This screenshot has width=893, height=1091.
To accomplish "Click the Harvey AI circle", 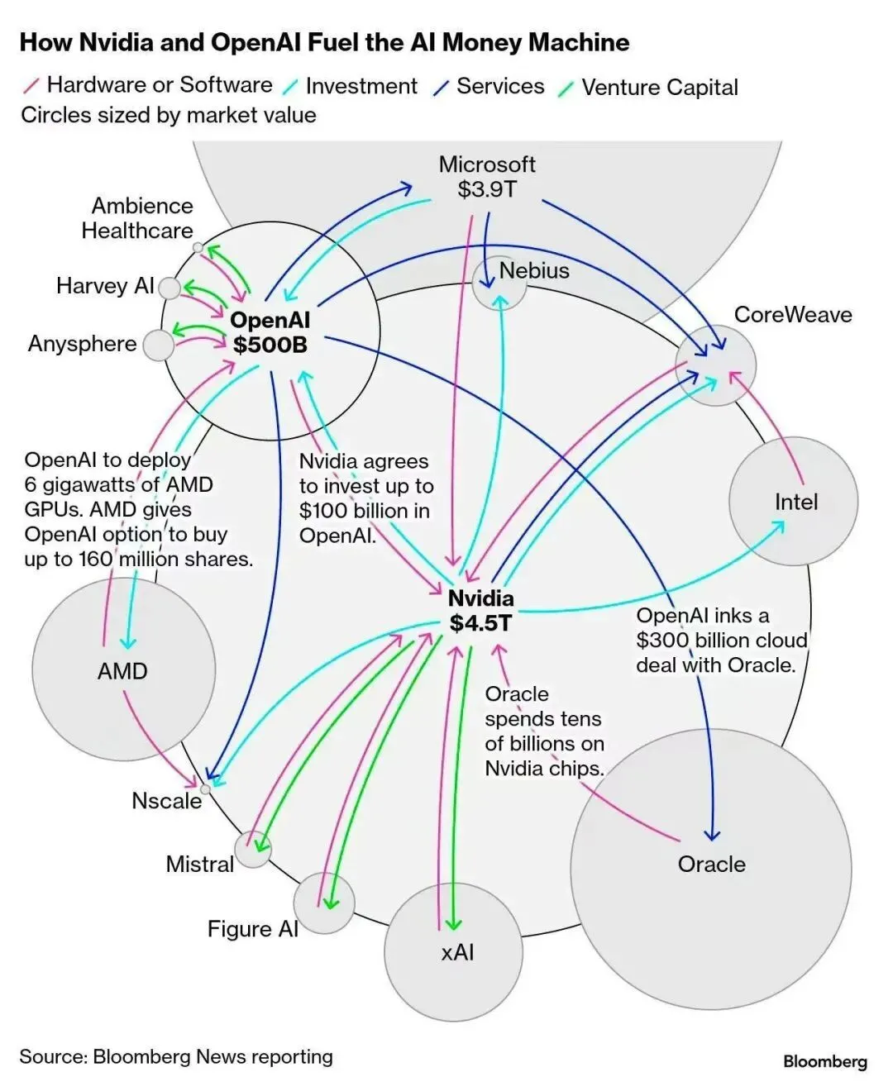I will click(x=169, y=288).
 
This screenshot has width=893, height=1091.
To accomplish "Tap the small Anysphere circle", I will click(x=158, y=345).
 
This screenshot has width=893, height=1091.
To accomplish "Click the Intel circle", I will click(x=794, y=502).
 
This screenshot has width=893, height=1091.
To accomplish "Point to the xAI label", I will click(x=457, y=952).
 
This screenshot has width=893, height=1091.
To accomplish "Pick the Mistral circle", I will click(x=252, y=849).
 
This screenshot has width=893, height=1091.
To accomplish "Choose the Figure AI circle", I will click(x=324, y=903).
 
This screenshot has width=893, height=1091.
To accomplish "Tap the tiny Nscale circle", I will click(x=205, y=788).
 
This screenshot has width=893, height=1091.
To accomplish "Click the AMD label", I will click(x=122, y=670).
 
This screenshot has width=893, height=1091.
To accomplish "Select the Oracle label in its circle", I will click(x=711, y=864).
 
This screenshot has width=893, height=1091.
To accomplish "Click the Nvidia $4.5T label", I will click(x=480, y=610).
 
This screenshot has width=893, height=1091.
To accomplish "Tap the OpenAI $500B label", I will click(x=270, y=332).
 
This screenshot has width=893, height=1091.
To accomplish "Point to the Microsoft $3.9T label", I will click(x=487, y=176).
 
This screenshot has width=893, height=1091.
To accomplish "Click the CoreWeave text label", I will click(x=792, y=314).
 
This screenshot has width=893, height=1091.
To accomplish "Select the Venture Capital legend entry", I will click(x=659, y=87).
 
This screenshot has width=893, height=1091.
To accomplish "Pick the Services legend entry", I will click(x=499, y=86).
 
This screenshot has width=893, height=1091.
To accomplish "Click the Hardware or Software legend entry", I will click(x=159, y=84).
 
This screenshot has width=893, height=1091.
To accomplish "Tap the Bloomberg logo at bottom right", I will click(x=824, y=1061).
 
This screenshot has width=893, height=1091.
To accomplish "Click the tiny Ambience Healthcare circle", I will click(x=198, y=247).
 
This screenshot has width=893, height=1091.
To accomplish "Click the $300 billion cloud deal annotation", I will click(x=720, y=641).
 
